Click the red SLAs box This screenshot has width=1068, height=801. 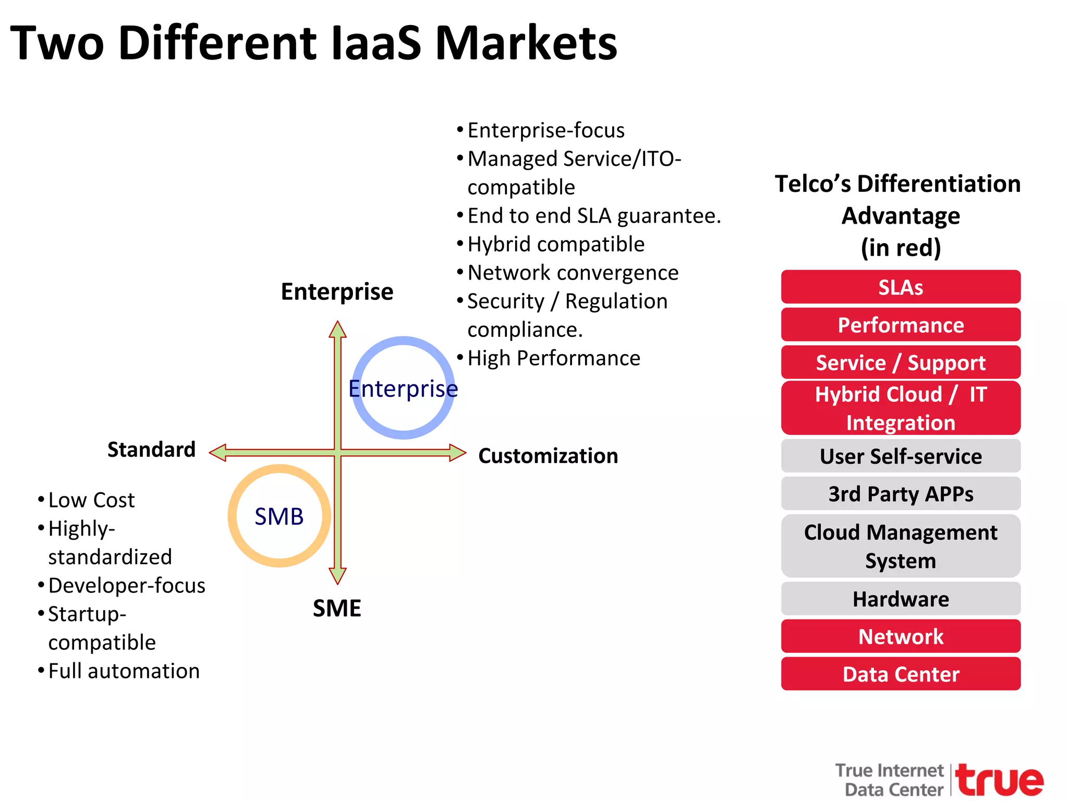click(900, 287)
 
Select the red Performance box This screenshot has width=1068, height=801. click(900, 324)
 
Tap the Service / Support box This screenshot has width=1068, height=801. click(900, 362)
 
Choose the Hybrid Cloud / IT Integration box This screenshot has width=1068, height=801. click(900, 408)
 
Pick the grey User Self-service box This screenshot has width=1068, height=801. click(900, 456)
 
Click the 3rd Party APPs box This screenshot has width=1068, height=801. click(900, 493)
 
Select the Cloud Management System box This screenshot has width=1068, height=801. click(900, 546)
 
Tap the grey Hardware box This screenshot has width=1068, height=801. click(900, 599)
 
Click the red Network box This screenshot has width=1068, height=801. click(900, 636)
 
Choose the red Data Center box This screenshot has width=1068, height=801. click(900, 674)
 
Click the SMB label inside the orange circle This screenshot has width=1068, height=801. click(279, 516)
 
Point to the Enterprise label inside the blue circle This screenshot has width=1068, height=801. click(403, 389)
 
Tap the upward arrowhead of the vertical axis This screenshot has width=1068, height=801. click(338, 329)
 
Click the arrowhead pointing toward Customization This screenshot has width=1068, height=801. click(457, 453)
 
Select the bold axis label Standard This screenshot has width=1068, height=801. click(151, 449)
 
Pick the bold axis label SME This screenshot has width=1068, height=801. click(337, 608)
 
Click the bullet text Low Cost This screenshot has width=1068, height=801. click(91, 500)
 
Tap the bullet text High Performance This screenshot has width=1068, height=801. click(554, 358)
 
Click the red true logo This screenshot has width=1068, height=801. click(999, 780)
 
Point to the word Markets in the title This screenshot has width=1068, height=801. click(526, 43)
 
